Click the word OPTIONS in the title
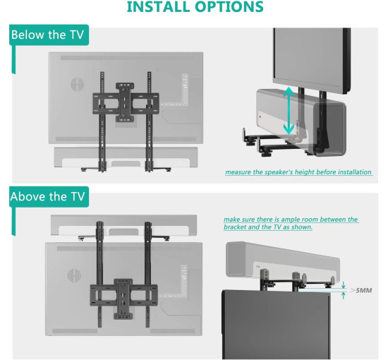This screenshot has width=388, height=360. tap(229, 6)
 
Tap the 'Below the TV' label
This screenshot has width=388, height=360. tap(47, 35)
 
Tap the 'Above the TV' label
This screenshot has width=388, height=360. tap(47, 197)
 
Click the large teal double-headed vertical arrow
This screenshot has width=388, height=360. tap(289, 110)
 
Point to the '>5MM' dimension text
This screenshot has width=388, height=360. tap(361, 290)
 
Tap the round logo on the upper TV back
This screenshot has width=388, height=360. tap(77, 84)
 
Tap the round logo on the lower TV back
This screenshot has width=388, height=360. tap(74, 275)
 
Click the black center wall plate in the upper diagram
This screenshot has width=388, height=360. tap(125, 102)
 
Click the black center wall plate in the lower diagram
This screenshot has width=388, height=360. tap(123, 299)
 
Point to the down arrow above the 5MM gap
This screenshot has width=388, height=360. tap(344, 285)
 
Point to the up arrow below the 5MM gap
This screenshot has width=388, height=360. tap(344, 295)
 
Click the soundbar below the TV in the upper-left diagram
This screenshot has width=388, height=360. tap(126, 157)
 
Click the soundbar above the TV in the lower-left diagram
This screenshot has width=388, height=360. tap(123, 225)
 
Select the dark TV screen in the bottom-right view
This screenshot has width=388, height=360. tap(276, 325)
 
